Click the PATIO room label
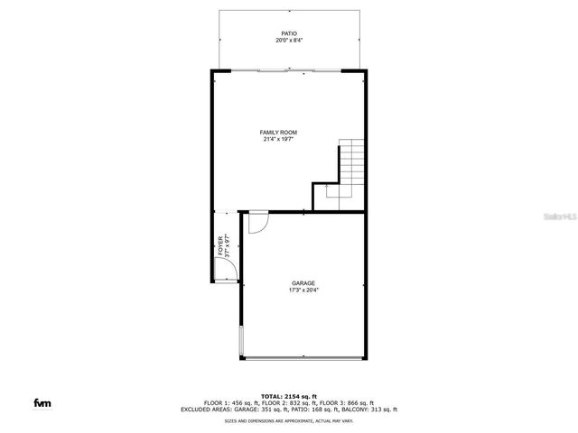click(x=289, y=33)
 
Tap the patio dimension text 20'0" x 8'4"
click(x=289, y=41)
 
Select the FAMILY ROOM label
click(x=279, y=133)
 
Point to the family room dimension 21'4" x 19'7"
click(x=279, y=140)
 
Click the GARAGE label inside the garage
click(x=303, y=283)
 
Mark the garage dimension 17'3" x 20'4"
click(x=303, y=290)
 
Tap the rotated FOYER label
click(x=219, y=245)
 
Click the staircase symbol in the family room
click(x=350, y=167)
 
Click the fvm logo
click(x=42, y=402)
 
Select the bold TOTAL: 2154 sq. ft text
click(x=289, y=396)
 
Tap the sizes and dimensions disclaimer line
click(x=289, y=420)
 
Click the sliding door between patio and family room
click(x=288, y=69)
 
